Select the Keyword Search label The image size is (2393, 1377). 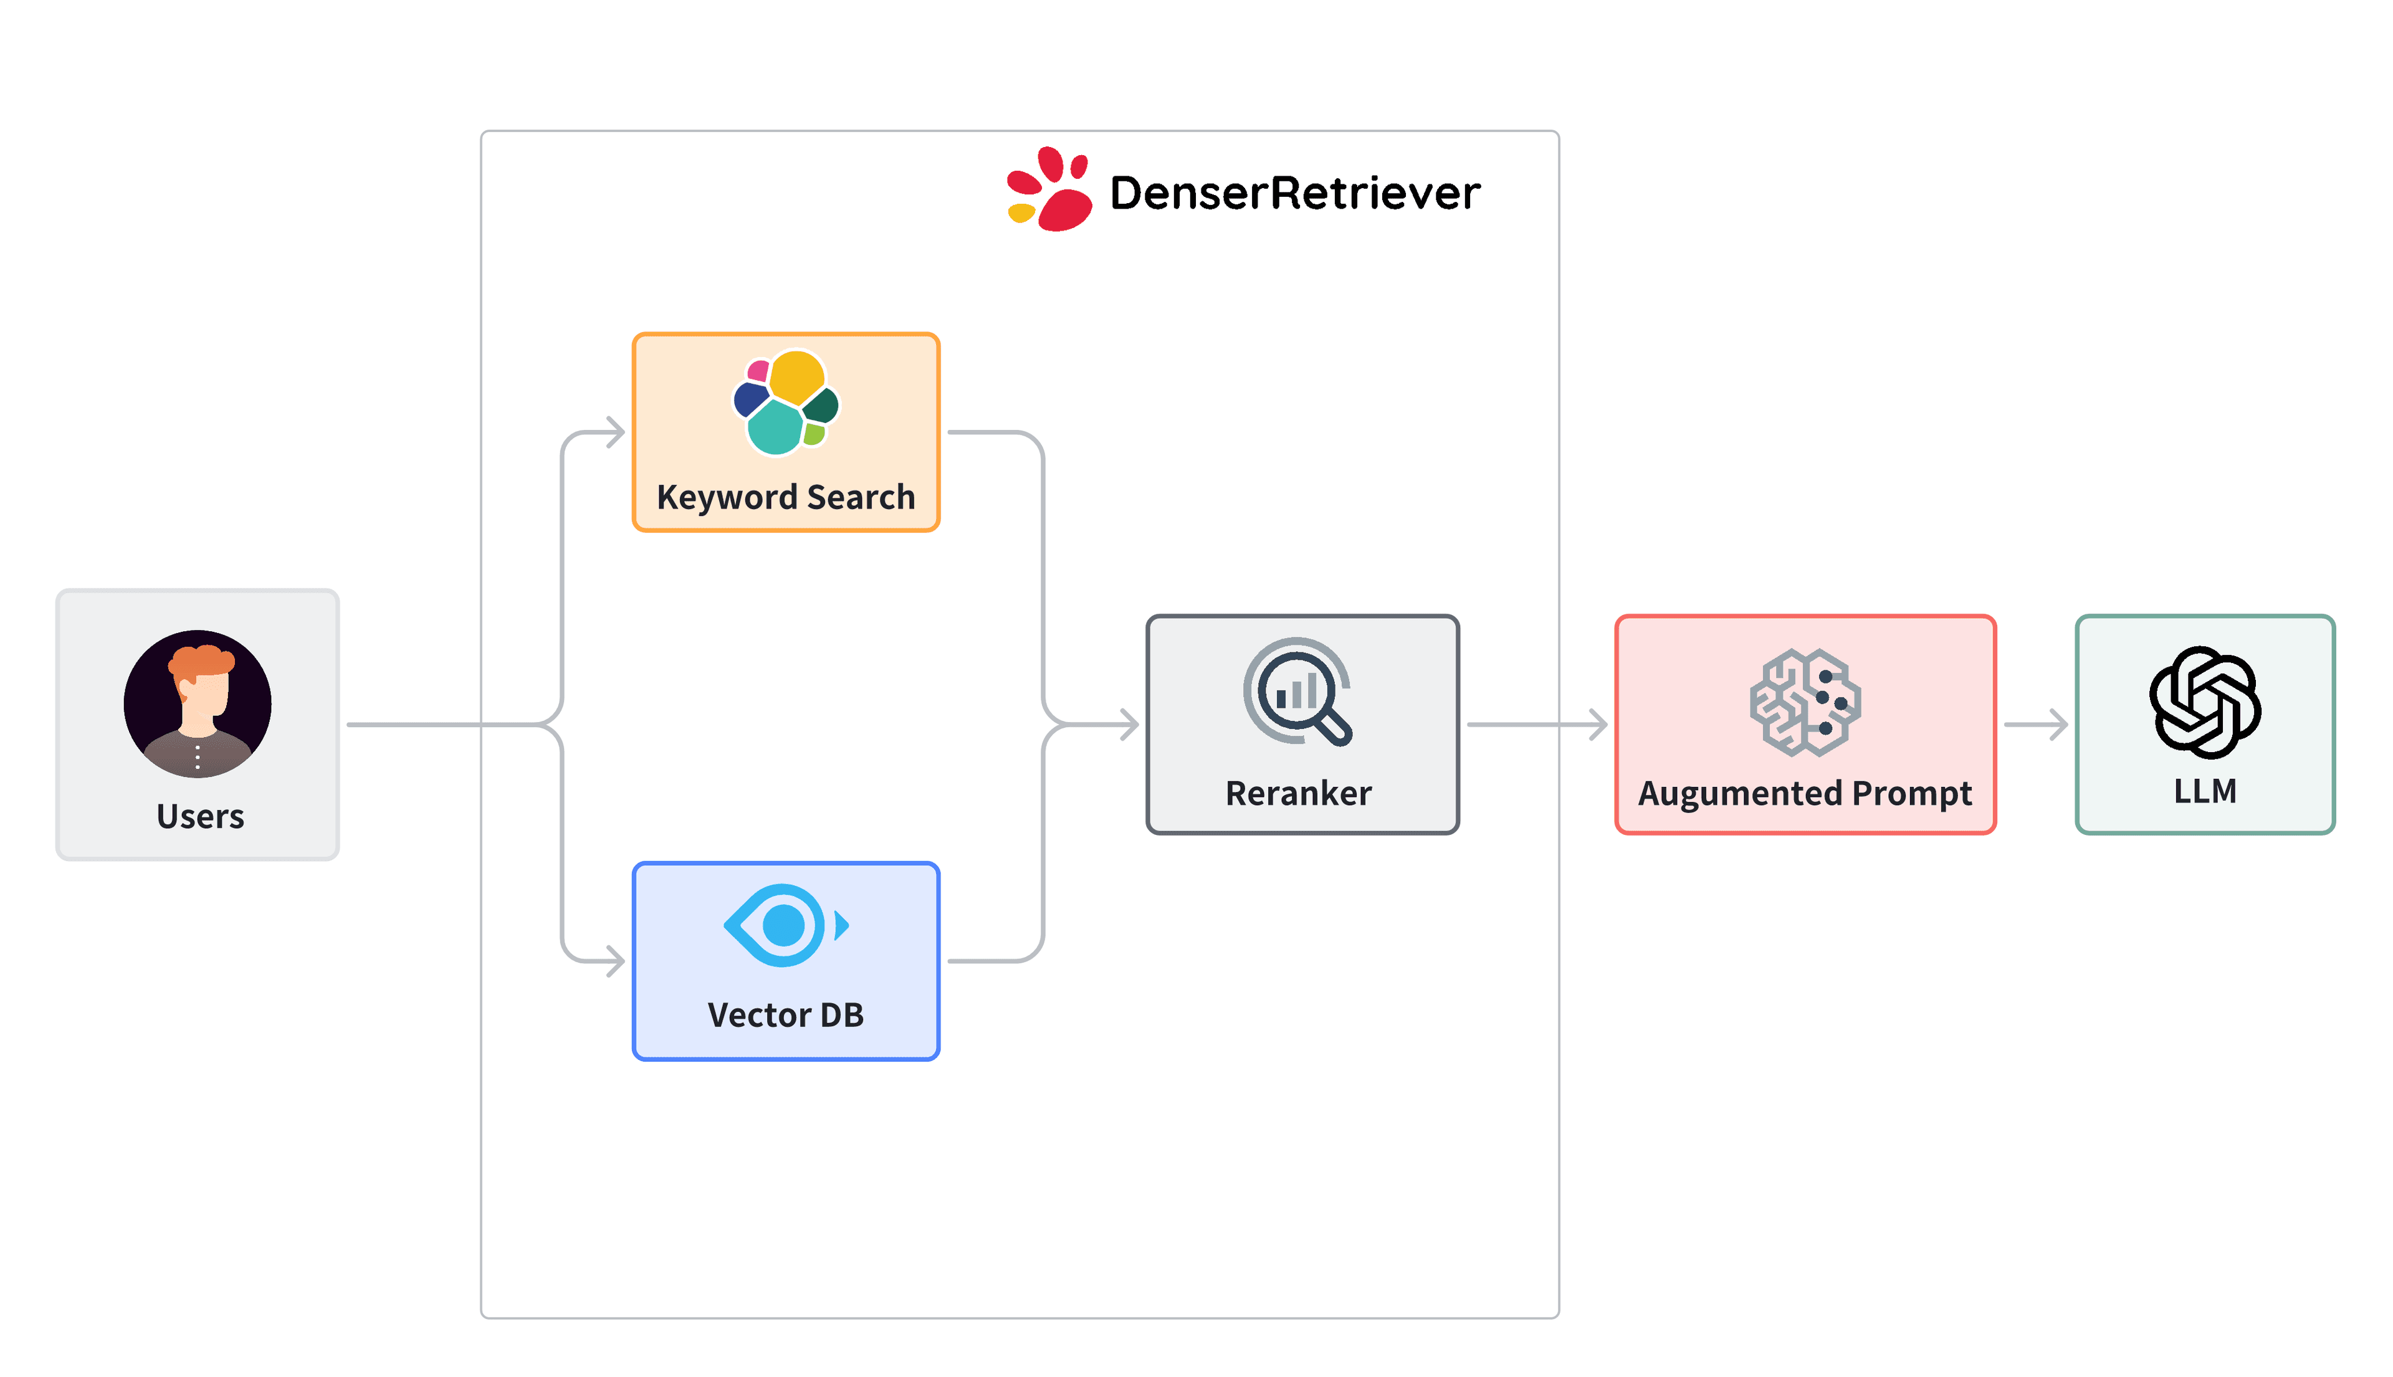click(785, 497)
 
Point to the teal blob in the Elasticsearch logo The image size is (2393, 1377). click(775, 427)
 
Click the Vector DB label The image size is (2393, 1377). click(785, 1015)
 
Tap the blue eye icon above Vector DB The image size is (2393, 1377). click(784, 925)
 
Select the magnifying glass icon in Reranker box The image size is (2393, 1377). click(1297, 692)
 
